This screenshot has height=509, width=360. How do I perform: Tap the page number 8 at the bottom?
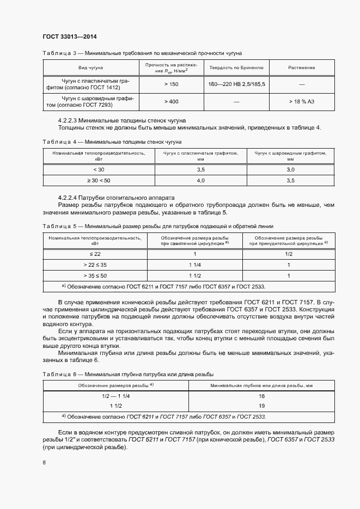44,463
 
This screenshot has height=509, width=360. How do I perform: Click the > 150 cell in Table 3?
171,84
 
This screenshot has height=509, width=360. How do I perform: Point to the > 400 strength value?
171,101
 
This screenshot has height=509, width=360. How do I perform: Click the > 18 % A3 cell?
301,101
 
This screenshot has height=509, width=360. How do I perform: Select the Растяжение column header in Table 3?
301,68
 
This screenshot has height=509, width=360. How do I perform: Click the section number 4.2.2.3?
68,119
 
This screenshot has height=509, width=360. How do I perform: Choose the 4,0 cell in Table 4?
200,180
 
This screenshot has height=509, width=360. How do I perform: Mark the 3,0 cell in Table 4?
290,170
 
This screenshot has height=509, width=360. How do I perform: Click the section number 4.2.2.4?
68,197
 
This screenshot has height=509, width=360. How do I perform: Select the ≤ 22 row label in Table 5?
95,254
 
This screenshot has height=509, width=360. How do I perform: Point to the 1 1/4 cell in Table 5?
194,265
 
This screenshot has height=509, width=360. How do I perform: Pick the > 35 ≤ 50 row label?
95,275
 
